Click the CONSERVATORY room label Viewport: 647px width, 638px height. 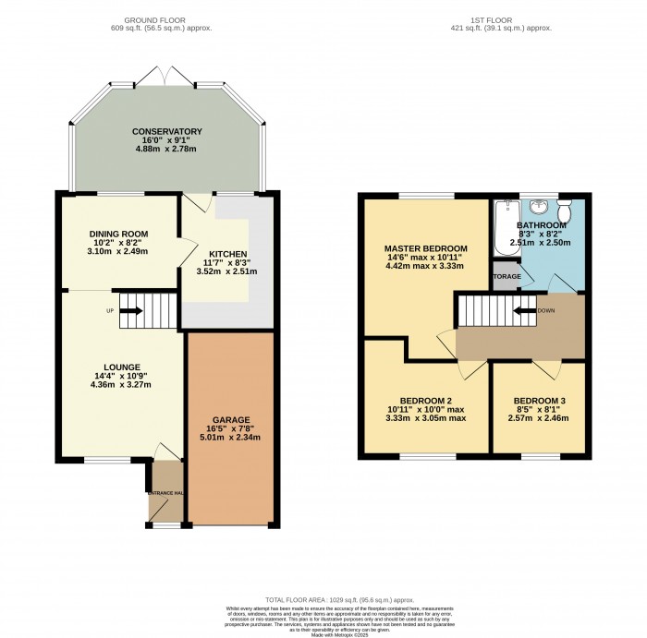(x=168, y=132)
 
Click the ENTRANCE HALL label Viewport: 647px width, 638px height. (x=166, y=492)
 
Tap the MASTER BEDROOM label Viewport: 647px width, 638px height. (x=425, y=248)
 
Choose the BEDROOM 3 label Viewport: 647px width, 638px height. (x=538, y=400)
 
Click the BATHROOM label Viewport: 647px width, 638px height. (x=541, y=225)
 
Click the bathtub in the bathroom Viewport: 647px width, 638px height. (x=506, y=228)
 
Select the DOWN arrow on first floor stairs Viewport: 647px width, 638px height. (x=528, y=311)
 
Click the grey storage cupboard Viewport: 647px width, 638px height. (x=506, y=276)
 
